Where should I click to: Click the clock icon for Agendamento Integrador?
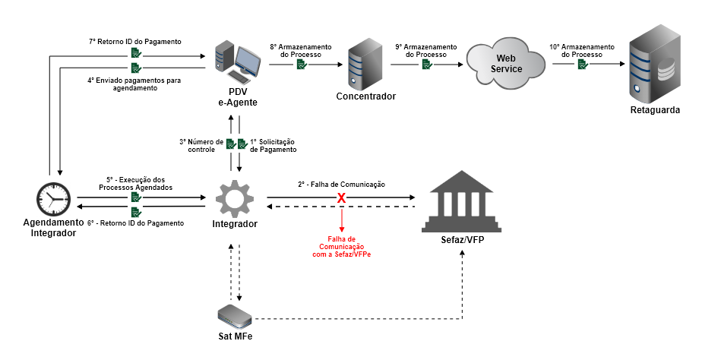(x=54, y=199)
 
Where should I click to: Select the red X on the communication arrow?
(x=342, y=198)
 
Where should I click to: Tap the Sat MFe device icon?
(x=234, y=314)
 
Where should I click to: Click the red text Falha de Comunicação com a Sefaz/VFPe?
(x=342, y=246)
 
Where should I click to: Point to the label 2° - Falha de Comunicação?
(x=341, y=185)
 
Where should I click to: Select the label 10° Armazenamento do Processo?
(x=582, y=50)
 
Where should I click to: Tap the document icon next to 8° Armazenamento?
(x=302, y=66)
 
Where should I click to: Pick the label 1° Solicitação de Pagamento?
(x=271, y=146)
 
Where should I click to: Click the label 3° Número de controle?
(x=201, y=146)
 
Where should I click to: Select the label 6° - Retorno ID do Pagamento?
(x=135, y=223)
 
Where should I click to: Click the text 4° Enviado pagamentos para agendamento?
(x=132, y=84)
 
